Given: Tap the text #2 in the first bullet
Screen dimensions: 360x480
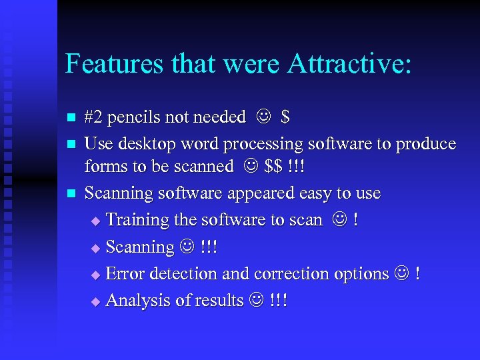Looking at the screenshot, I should pos(94,117).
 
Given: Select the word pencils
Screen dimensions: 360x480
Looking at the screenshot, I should pos(133,117).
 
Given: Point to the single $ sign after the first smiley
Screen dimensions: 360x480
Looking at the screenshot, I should pos(285,117).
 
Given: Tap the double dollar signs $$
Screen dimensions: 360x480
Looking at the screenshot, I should pos(273,166).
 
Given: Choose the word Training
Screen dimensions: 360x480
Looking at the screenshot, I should pos(138,220).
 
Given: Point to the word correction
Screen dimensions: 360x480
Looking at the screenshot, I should pos(292,273).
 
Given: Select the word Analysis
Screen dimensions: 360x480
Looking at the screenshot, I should pos(135,301).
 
